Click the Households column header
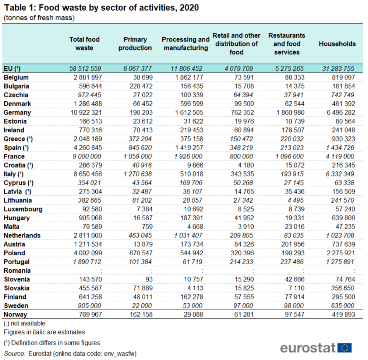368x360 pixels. tap(337, 44)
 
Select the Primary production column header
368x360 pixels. tap(135, 44)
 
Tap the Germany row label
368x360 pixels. tap(18, 112)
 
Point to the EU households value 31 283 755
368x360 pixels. tap(337, 69)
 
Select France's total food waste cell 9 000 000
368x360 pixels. tap(85, 156)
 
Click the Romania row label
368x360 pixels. tap(17, 270)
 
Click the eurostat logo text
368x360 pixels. tap(308, 347)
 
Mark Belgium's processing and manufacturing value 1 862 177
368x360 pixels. tap(187, 77)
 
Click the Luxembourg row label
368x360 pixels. tap(23, 209)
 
